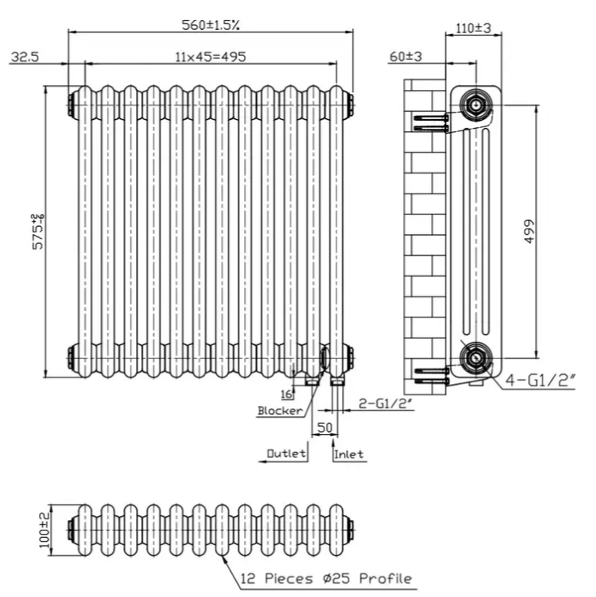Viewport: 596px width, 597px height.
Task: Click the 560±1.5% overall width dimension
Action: [210, 24]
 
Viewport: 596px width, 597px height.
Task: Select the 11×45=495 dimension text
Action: [210, 56]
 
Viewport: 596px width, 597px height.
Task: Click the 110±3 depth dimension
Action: [474, 28]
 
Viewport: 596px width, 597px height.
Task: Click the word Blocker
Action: [280, 411]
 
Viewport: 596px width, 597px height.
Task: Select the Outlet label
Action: [286, 454]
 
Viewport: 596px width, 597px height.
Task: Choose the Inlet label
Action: [349, 454]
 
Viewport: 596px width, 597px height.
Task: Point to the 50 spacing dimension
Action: [324, 426]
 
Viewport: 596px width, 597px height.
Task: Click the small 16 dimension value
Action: [285, 394]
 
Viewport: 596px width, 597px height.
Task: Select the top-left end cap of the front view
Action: [71, 103]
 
